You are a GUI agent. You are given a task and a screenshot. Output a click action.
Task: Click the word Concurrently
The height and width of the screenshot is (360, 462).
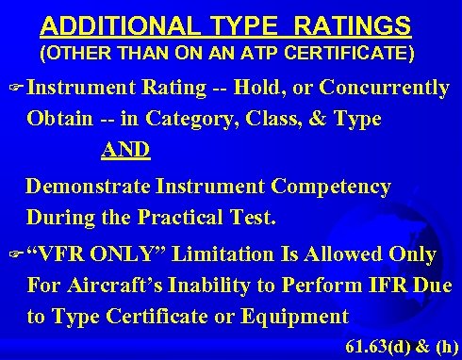[x=385, y=89]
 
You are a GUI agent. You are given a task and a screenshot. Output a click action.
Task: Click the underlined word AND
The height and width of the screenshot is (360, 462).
[x=126, y=151]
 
